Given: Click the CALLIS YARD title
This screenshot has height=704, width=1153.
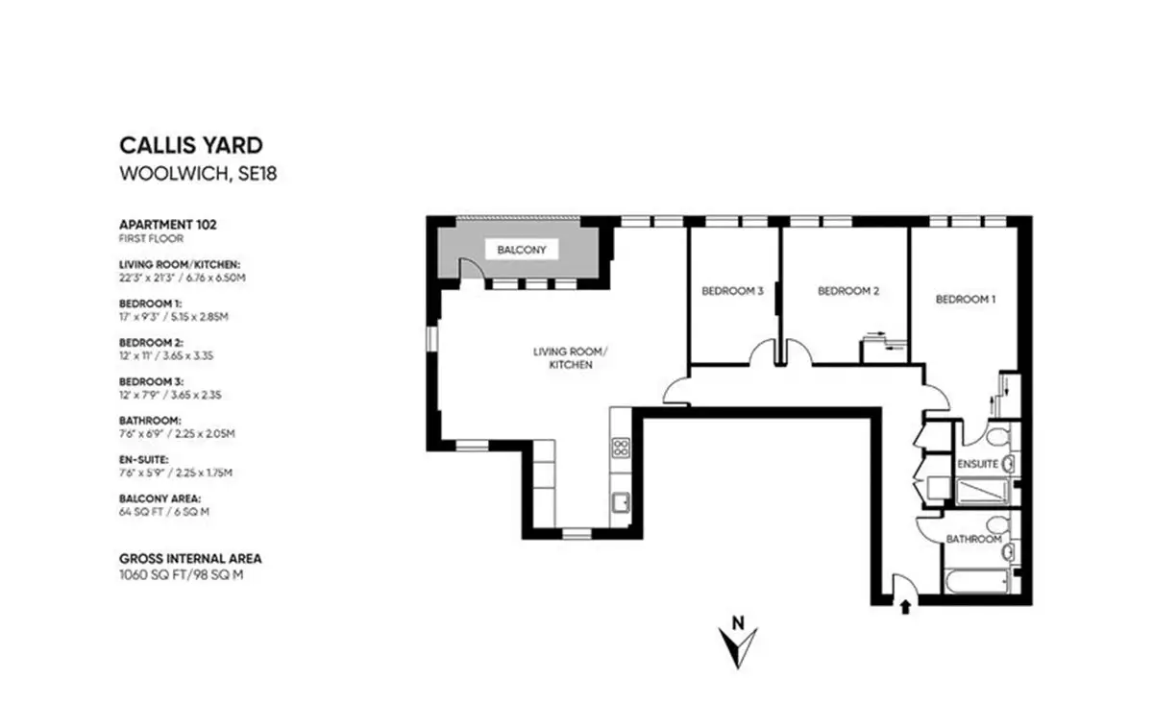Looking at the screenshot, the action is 191,146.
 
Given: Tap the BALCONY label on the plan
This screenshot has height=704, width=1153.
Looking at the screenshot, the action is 522,250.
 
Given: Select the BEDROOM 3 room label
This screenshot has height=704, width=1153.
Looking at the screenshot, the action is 732,291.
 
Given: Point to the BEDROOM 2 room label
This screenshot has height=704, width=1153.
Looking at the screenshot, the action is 848,291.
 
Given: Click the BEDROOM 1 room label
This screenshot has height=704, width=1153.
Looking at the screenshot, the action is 966,299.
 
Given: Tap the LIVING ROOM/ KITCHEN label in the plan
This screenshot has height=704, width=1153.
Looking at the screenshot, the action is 571,358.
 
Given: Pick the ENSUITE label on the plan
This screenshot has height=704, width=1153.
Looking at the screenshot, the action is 977,464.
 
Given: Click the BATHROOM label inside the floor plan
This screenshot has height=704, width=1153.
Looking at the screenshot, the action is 974,540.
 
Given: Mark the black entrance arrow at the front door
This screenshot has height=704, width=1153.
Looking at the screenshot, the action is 905,607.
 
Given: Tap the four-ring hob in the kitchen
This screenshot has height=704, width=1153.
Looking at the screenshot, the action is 621,448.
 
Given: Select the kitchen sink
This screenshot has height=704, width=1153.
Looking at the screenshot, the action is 621,502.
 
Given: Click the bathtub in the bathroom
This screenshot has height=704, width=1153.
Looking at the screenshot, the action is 976,581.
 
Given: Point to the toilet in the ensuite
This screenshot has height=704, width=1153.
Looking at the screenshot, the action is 999,436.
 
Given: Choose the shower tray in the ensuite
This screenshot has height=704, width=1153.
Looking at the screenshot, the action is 982,492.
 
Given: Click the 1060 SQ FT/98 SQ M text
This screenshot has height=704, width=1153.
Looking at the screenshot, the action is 182,575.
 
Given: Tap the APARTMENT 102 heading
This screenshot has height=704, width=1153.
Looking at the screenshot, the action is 168,225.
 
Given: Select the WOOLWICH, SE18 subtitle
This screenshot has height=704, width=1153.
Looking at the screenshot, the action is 198,174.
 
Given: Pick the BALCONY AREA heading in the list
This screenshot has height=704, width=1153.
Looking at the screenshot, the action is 159,498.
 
